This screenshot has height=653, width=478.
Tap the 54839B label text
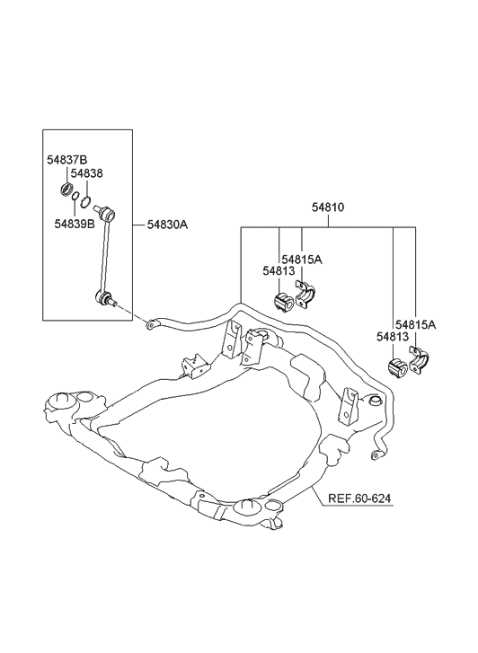[x=74, y=224]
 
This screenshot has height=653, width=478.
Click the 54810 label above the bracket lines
[x=328, y=207]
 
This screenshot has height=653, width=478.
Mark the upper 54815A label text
[x=302, y=259]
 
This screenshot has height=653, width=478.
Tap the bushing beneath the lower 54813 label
[x=397, y=367]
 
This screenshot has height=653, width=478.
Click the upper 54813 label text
[x=279, y=270]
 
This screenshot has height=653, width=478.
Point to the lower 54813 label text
[x=393, y=337]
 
